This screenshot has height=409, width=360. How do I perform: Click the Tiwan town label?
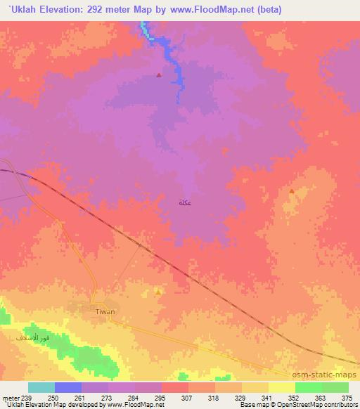click(x=104, y=309)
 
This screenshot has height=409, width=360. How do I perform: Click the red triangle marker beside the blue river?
click(x=159, y=75)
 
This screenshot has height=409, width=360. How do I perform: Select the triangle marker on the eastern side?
click(x=291, y=190)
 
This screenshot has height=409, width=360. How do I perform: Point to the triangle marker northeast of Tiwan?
click(x=159, y=292)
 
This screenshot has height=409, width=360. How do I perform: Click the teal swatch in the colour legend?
click(x=41, y=387)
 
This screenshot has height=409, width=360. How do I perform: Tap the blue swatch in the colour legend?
click(x=68, y=387)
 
